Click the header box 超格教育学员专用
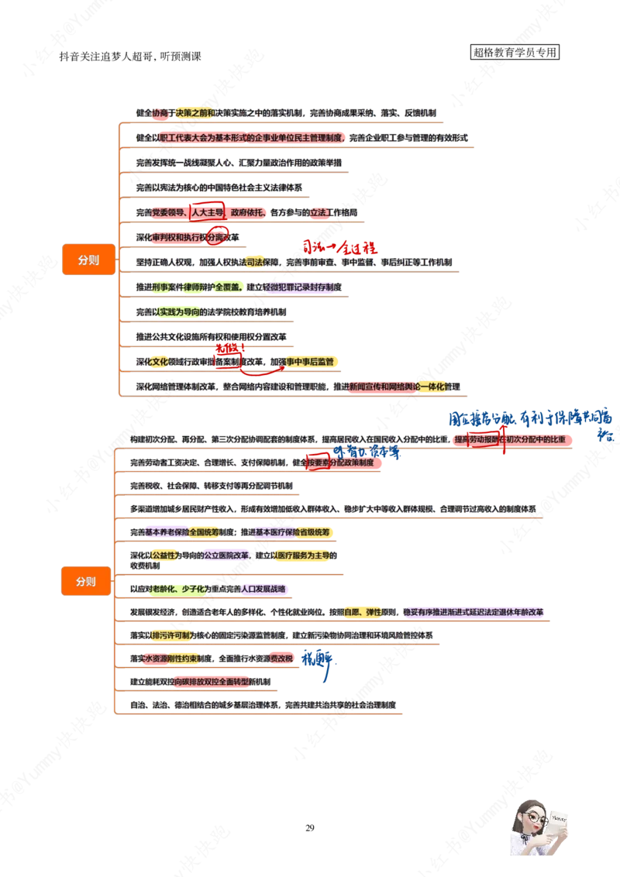515,53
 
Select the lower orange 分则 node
86,581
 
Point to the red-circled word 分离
215,236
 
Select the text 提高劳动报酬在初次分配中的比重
515,439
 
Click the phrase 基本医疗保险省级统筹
294,532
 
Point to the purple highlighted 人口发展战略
265,588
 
